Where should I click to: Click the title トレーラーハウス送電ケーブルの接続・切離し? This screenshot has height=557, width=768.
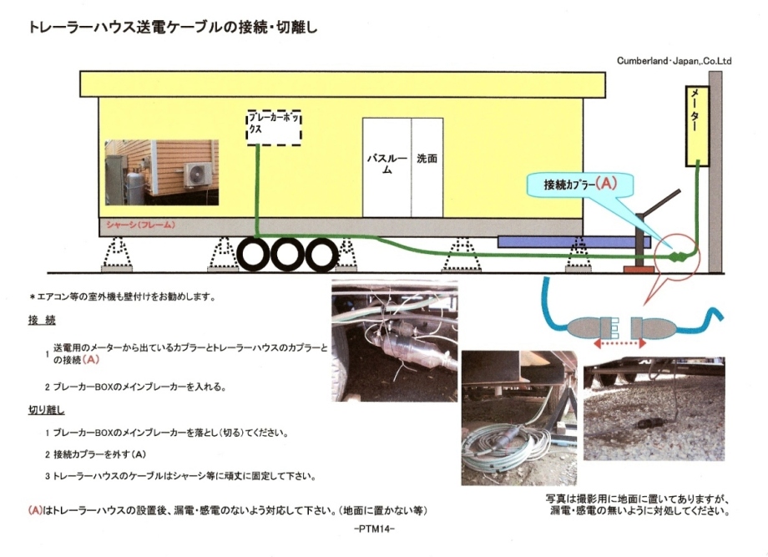(x=173, y=28)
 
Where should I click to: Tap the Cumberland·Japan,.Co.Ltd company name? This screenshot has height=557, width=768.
(x=674, y=61)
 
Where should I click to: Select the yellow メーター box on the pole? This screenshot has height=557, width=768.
(x=696, y=125)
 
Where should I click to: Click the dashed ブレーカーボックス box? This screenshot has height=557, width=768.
(x=274, y=126)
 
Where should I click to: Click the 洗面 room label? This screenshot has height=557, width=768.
(x=427, y=159)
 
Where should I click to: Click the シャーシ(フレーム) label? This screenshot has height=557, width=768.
(x=140, y=226)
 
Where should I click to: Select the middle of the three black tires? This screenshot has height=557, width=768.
(x=286, y=255)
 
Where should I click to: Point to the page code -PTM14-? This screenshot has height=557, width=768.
(x=375, y=529)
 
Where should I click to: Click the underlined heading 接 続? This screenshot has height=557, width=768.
(x=41, y=321)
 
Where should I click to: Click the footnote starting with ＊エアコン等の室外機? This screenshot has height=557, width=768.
(x=123, y=296)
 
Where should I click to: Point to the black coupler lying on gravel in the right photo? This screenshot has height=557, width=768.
(x=648, y=423)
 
